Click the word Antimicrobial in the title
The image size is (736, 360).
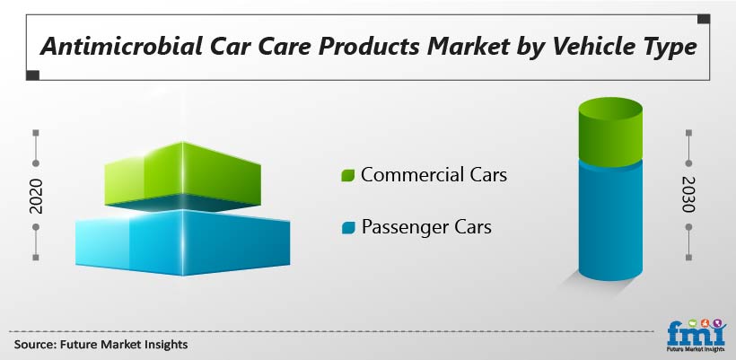(x=121, y=47)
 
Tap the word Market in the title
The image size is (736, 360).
(x=468, y=47)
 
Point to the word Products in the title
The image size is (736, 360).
(x=370, y=47)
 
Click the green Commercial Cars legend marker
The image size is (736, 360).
(x=348, y=175)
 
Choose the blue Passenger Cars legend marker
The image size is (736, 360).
(x=348, y=228)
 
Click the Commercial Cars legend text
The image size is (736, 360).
(x=434, y=175)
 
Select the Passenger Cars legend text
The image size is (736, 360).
(x=426, y=228)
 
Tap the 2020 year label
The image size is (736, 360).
(x=36, y=196)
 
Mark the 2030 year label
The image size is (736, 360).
(x=688, y=194)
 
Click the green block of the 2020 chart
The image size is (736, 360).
(x=182, y=176)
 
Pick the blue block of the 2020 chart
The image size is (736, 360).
(x=182, y=242)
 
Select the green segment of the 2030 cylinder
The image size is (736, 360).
(x=610, y=132)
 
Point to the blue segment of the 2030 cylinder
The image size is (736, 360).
(x=610, y=221)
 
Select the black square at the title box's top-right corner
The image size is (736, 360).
(x=703, y=19)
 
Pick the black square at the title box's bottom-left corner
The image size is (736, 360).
(x=32, y=75)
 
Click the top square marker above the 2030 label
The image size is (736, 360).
(x=688, y=133)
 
